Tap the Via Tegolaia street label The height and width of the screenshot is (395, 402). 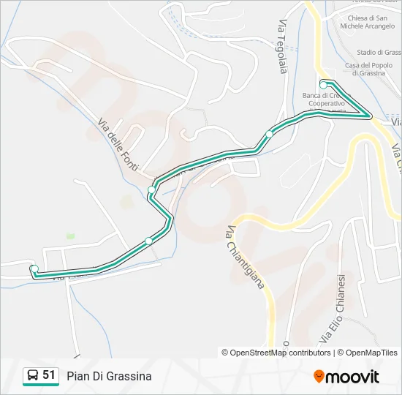click(x=281, y=45)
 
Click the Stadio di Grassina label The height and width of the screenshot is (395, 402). click(x=379, y=52)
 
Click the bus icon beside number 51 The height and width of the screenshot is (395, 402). click(x=32, y=376)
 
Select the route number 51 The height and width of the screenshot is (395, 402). click(x=49, y=375)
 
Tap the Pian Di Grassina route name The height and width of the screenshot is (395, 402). click(x=109, y=376)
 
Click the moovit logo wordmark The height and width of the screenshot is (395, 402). click(x=352, y=377)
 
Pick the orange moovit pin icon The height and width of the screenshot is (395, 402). click(x=319, y=376)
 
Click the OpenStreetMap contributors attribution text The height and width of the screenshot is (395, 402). click(x=276, y=353)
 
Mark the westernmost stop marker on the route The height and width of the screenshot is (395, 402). click(x=34, y=269)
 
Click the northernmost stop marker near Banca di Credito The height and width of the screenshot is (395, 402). click(x=323, y=86)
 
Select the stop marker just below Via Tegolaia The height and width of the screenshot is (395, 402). click(x=269, y=135)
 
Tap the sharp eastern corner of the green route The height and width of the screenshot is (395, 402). click(x=370, y=116)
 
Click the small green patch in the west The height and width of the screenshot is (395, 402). click(x=70, y=236)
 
